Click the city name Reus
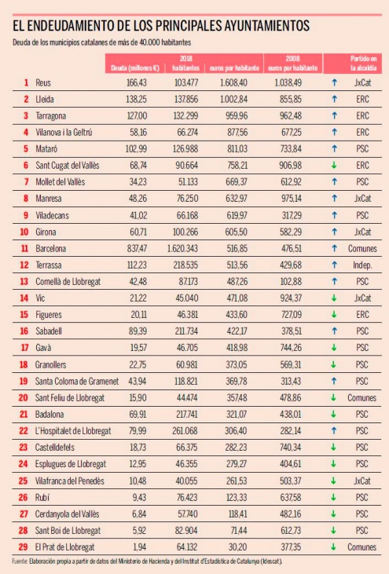coord(43,82)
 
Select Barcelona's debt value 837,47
coord(137,249)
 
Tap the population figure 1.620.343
coord(182,249)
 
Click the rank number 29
coord(23,547)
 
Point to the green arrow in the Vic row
coord(334,298)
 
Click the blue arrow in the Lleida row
coord(334,99)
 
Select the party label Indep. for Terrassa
coord(362,265)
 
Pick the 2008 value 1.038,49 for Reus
coord(288,82)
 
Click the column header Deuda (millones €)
coord(135,68)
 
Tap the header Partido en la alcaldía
coord(363,63)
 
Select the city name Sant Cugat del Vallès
coord(68,166)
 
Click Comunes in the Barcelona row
coord(362,249)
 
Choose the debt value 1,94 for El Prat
coord(140,547)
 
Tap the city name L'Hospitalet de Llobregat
coord(73,431)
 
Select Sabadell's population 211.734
coord(186,331)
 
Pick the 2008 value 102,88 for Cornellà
coord(291,282)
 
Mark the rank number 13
coord(24,282)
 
